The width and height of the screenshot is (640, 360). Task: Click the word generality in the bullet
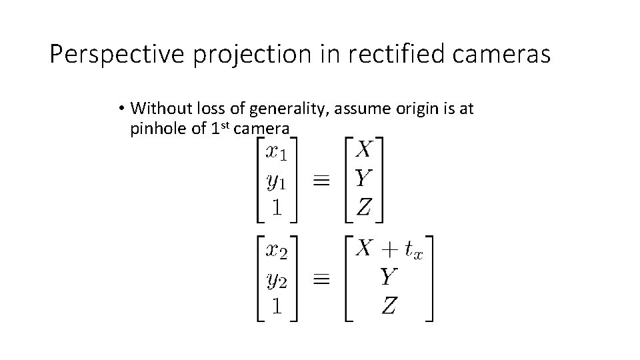[x=290, y=108]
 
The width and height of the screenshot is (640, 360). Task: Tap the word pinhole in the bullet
[x=159, y=129]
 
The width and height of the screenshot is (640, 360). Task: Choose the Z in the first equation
[x=363, y=207]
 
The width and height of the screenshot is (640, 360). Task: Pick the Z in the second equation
[x=389, y=306]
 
